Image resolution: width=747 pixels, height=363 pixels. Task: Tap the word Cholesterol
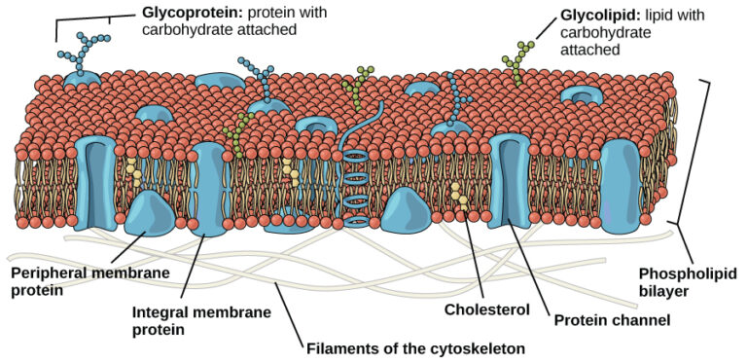(x=485, y=310)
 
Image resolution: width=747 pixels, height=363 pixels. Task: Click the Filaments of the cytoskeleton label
(x=414, y=347)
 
